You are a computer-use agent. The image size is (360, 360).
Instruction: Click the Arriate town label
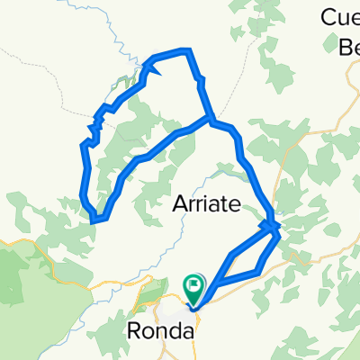205,205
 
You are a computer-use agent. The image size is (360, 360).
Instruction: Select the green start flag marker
194,288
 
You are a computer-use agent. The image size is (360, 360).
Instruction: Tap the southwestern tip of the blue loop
95,217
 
